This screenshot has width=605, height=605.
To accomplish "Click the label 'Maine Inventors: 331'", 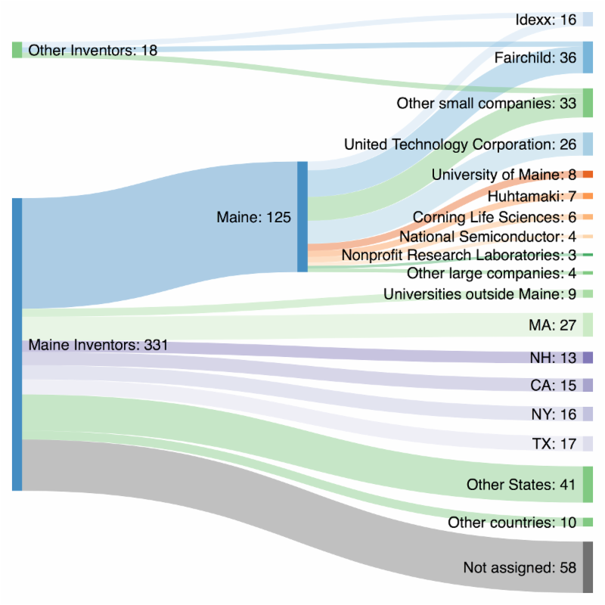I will (x=98, y=346).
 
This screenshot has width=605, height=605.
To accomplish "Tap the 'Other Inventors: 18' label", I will (x=92, y=51).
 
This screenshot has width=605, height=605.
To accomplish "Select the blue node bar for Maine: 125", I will (x=302, y=216).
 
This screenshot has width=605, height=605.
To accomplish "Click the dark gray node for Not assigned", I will (x=588, y=567).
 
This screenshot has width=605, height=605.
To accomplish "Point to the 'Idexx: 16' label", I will (x=545, y=20).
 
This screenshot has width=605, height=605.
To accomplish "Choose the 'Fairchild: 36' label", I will (x=535, y=57).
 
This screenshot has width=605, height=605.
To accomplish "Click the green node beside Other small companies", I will (x=588, y=102).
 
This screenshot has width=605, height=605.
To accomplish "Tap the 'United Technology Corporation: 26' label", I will (x=460, y=144).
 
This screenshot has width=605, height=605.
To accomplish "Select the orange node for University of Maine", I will (x=588, y=175).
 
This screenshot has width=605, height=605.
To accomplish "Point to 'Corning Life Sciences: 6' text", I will (x=495, y=217).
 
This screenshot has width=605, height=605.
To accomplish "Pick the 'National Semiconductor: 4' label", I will (x=488, y=237).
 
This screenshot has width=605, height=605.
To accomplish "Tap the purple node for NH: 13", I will (x=588, y=358).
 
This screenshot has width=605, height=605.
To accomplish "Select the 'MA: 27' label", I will (x=554, y=325).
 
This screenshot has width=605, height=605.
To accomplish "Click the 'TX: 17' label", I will (x=554, y=443).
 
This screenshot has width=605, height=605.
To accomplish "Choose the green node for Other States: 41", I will (x=588, y=485).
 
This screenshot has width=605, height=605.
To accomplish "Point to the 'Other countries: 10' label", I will (x=512, y=523).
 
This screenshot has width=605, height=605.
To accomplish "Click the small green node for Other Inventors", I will (x=17, y=50).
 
